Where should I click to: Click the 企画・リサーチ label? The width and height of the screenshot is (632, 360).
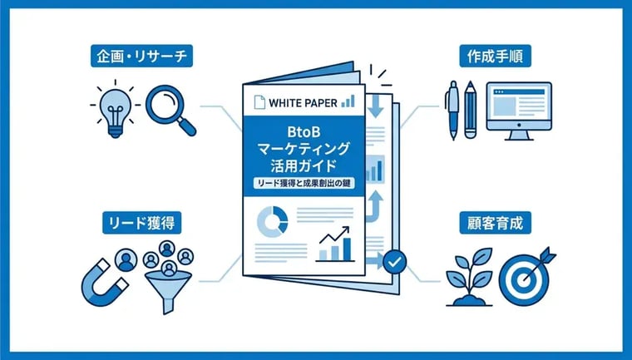pyautogui.click(x=142, y=56)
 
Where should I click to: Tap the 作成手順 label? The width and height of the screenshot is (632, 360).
pyautogui.click(x=495, y=56)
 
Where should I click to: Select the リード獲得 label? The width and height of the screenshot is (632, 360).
pyautogui.click(x=142, y=223)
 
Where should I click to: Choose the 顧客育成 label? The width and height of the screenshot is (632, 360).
pyautogui.click(x=495, y=223)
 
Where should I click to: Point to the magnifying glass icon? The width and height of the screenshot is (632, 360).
pyautogui.click(x=170, y=110)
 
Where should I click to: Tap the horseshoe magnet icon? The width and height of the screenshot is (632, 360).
pyautogui.click(x=104, y=283)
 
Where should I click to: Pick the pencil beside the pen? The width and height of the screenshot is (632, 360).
pyautogui.click(x=470, y=110)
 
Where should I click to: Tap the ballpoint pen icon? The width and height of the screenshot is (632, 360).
pyautogui.click(x=452, y=110)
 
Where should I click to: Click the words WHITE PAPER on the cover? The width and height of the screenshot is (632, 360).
pyautogui.click(x=303, y=103)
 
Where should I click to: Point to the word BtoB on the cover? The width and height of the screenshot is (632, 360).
pyautogui.click(x=304, y=133)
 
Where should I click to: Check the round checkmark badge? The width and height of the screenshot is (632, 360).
pyautogui.click(x=394, y=262)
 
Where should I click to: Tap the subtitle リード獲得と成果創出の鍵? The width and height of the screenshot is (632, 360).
pyautogui.click(x=304, y=183)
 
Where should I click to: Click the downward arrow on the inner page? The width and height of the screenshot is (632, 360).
pyautogui.click(x=375, y=106)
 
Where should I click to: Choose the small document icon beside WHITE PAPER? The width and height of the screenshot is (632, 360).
pyautogui.click(x=259, y=102)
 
